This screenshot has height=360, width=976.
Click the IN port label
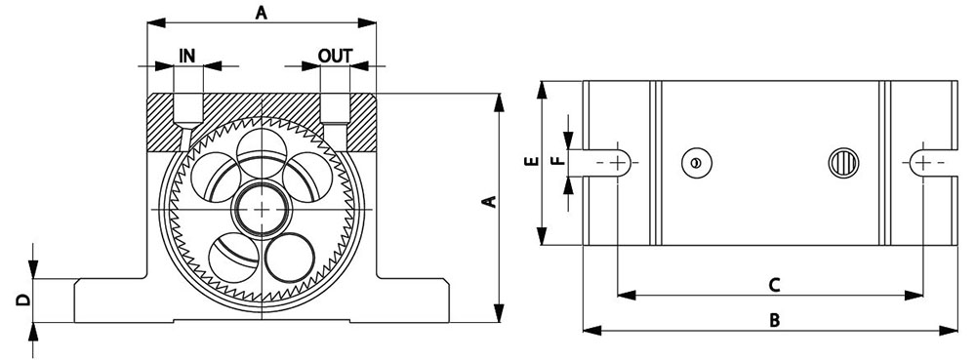point(187,56)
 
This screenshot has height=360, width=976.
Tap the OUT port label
point(335,56)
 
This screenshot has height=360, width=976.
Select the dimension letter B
point(774,320)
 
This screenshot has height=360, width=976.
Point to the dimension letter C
point(774,285)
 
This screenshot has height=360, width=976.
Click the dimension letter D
point(23,300)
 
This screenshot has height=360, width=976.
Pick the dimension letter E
point(531,162)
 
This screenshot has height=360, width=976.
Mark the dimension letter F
point(559,160)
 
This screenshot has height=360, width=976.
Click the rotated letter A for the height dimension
point(491,201)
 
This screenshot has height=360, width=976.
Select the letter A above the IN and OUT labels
point(262,13)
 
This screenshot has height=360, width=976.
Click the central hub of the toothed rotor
point(262,210)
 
